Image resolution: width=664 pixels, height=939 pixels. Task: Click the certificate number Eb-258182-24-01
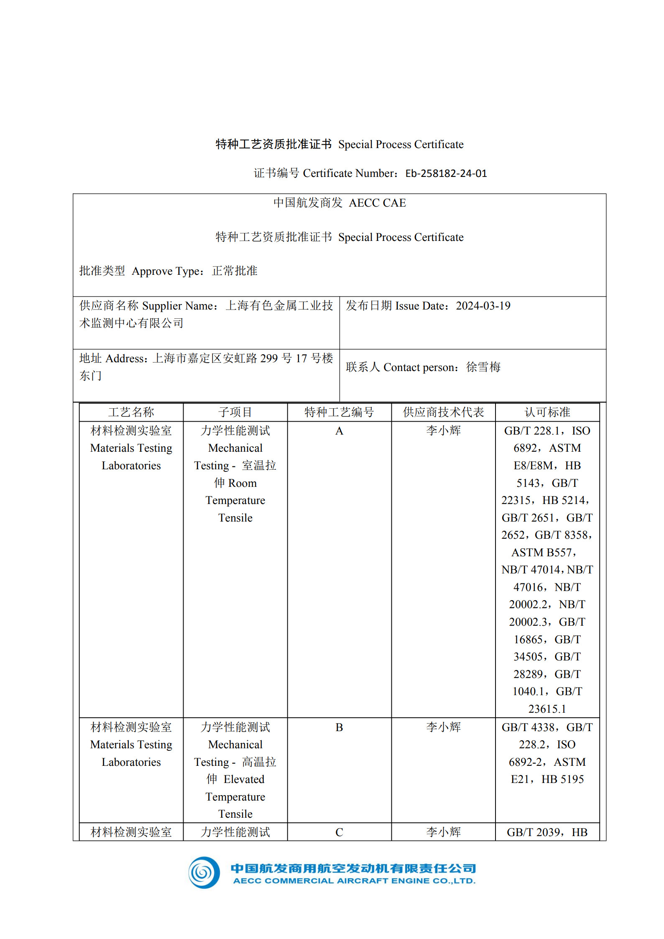click(x=446, y=173)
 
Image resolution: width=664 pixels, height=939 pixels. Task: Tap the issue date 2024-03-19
click(x=483, y=306)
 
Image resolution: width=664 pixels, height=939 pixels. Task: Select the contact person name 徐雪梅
click(x=483, y=367)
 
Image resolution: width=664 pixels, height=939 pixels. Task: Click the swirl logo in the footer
click(x=204, y=872)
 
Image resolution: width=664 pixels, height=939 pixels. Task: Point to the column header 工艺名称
click(x=131, y=412)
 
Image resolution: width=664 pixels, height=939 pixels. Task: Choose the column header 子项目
click(x=235, y=412)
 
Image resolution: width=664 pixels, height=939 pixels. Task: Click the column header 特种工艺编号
click(x=339, y=412)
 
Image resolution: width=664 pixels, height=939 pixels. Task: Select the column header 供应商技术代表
click(x=443, y=412)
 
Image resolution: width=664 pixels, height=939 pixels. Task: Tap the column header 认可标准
click(x=547, y=412)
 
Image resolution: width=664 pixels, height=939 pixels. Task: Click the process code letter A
click(x=339, y=431)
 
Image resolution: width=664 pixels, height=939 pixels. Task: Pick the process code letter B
click(x=339, y=727)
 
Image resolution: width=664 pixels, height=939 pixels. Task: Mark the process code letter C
click(x=339, y=832)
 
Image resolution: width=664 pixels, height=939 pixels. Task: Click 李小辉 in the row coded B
click(x=443, y=727)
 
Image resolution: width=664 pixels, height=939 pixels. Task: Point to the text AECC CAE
click(x=377, y=203)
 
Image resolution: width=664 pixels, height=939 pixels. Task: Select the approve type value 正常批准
click(x=235, y=271)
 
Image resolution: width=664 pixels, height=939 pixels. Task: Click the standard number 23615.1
click(x=547, y=709)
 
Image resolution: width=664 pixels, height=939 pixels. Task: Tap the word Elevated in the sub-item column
click(x=244, y=779)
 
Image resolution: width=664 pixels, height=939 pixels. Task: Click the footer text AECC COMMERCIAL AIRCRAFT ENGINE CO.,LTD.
click(x=354, y=881)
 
